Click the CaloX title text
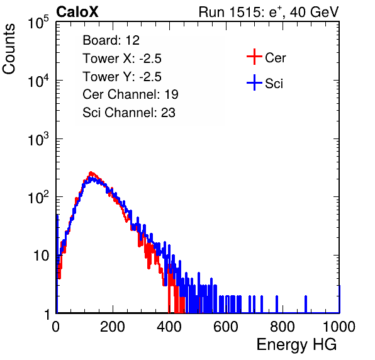(x=77, y=12)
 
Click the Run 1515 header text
(x=269, y=12)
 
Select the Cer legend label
(x=275, y=58)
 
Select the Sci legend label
(x=274, y=84)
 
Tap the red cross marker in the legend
(x=254, y=57)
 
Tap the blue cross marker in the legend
(x=254, y=82)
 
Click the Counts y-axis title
(x=9, y=49)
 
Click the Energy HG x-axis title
(x=296, y=345)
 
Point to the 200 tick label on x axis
(x=113, y=327)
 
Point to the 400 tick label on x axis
(x=169, y=327)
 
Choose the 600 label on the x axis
(x=226, y=327)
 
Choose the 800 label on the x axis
(x=283, y=327)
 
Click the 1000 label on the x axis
(x=339, y=327)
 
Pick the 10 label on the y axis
(x=41, y=256)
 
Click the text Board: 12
(x=111, y=40)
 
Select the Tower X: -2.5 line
(x=122, y=59)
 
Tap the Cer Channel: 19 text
(x=130, y=94)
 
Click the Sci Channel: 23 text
(x=129, y=113)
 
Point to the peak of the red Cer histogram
(x=91, y=172)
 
